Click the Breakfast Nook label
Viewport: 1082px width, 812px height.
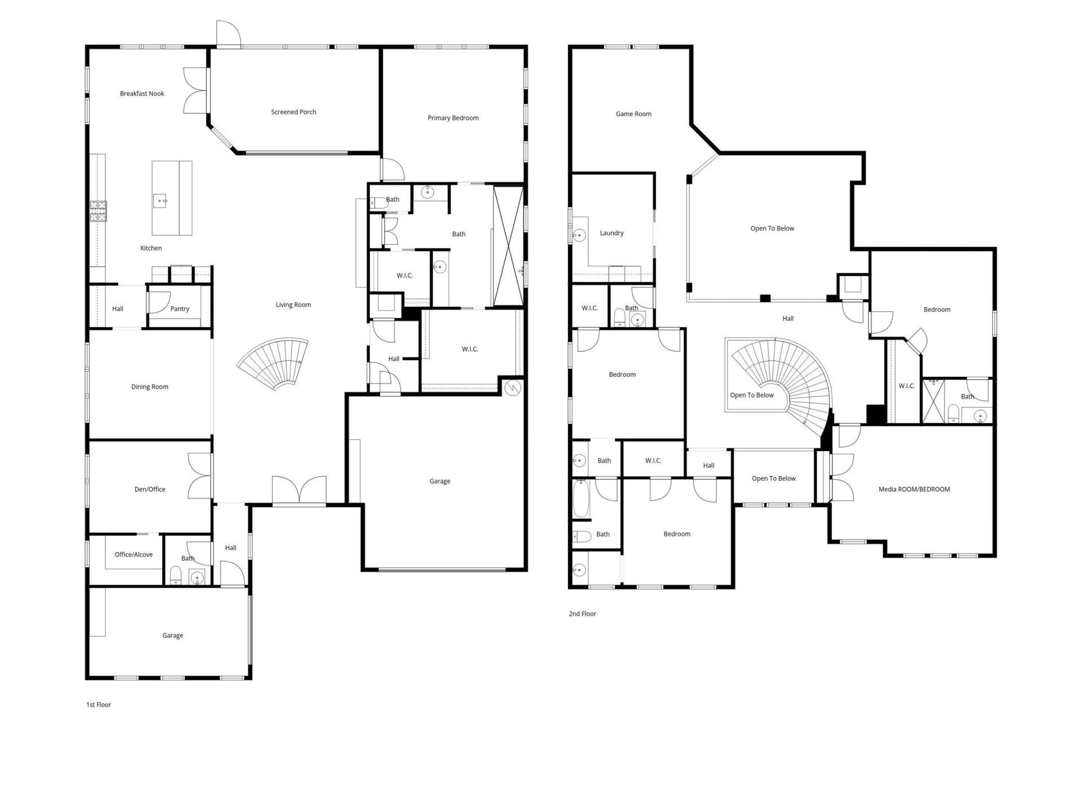point(142,94)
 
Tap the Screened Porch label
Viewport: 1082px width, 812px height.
point(294,112)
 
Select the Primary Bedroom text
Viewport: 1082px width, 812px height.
point(453,118)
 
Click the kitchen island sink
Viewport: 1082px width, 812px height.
point(161,200)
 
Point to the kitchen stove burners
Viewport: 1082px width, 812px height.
point(98,211)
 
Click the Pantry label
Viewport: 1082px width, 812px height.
point(180,308)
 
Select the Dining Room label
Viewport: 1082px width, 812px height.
point(150,387)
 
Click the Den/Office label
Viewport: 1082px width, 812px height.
point(150,489)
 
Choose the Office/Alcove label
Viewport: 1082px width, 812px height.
point(134,554)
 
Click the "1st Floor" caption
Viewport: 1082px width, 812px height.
point(99,705)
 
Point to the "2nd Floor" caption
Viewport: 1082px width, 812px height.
point(582,614)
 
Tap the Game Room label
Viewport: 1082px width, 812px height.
point(633,114)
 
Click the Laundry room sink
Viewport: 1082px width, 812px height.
point(578,234)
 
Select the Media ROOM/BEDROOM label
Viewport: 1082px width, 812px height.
point(914,489)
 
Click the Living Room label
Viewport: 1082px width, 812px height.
point(293,305)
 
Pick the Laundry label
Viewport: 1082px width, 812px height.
point(611,233)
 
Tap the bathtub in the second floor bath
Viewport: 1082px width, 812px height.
point(581,498)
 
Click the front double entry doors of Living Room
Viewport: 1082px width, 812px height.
point(299,491)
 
